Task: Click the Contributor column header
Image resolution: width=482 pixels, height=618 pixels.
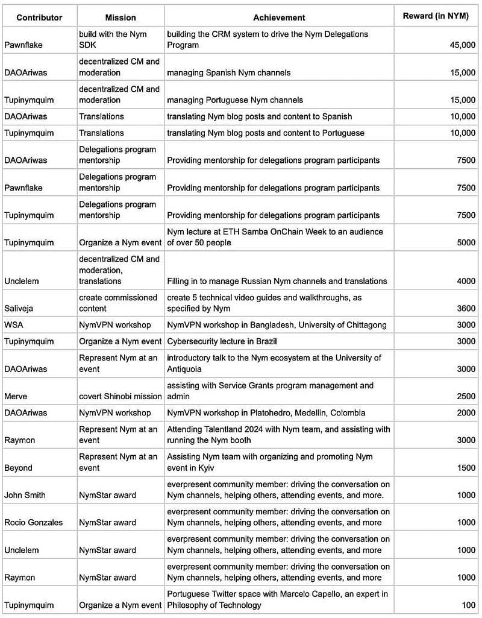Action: pos(39,17)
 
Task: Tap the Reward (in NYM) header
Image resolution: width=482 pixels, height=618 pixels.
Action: pos(434,16)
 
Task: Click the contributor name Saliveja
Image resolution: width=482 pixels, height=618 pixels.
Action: pos(19,309)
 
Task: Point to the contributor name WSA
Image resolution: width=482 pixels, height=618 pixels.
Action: pos(14,325)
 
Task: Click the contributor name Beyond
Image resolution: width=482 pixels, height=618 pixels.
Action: pos(19,468)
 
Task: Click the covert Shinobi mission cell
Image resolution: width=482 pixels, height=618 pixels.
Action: pos(120,396)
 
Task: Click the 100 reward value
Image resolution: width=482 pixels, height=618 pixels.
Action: pos(468,605)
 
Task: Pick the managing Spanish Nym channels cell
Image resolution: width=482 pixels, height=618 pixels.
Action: pos(228,72)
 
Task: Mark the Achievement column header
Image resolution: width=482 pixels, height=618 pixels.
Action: pos(279,17)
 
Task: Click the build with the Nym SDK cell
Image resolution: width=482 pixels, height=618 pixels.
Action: pos(113,39)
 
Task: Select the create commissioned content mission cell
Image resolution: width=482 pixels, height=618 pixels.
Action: pos(118,303)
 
